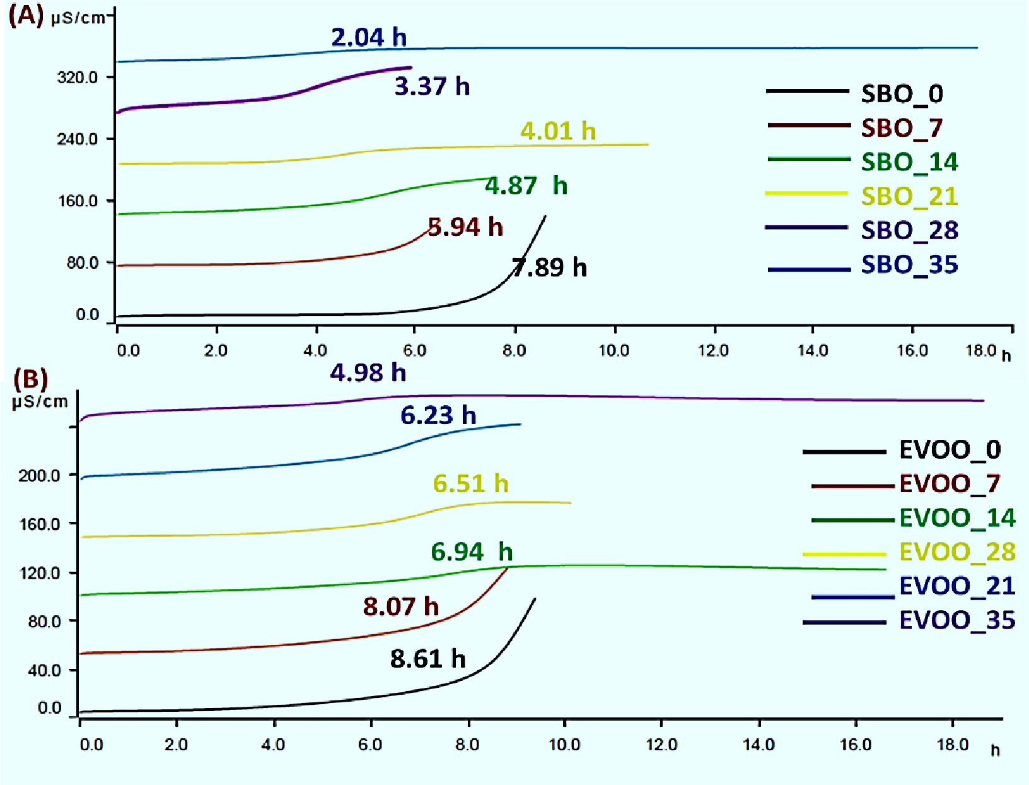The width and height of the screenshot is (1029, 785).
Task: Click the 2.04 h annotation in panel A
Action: click(369, 37)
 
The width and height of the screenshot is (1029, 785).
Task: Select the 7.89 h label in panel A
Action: click(549, 268)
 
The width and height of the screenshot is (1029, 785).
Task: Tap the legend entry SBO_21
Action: click(909, 196)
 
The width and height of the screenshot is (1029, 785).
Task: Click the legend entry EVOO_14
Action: click(956, 518)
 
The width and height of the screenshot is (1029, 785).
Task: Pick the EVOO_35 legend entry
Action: click(956, 620)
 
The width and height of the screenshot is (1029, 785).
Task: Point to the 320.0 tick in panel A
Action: click(77, 78)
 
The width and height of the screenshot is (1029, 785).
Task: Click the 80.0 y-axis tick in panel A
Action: click(82, 263)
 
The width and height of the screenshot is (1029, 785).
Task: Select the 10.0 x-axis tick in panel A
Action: click(613, 351)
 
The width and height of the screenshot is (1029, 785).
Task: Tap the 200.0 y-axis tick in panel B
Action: click(39, 476)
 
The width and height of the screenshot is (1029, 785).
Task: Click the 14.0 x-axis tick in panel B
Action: click(758, 745)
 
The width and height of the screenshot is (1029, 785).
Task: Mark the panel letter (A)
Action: click(26, 15)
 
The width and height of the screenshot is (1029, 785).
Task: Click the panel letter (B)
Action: click(30, 379)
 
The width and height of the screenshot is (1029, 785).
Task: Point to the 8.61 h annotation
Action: click(427, 659)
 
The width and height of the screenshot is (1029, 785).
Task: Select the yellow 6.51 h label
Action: click(470, 484)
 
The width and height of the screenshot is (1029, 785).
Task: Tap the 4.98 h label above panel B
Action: click(368, 373)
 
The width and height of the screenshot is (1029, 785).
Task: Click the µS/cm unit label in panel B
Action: click(40, 401)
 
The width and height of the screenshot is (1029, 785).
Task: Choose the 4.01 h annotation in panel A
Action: click(558, 131)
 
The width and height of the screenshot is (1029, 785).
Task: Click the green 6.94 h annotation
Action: click(472, 552)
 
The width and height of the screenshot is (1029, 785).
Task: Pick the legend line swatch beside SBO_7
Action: click(808, 126)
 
